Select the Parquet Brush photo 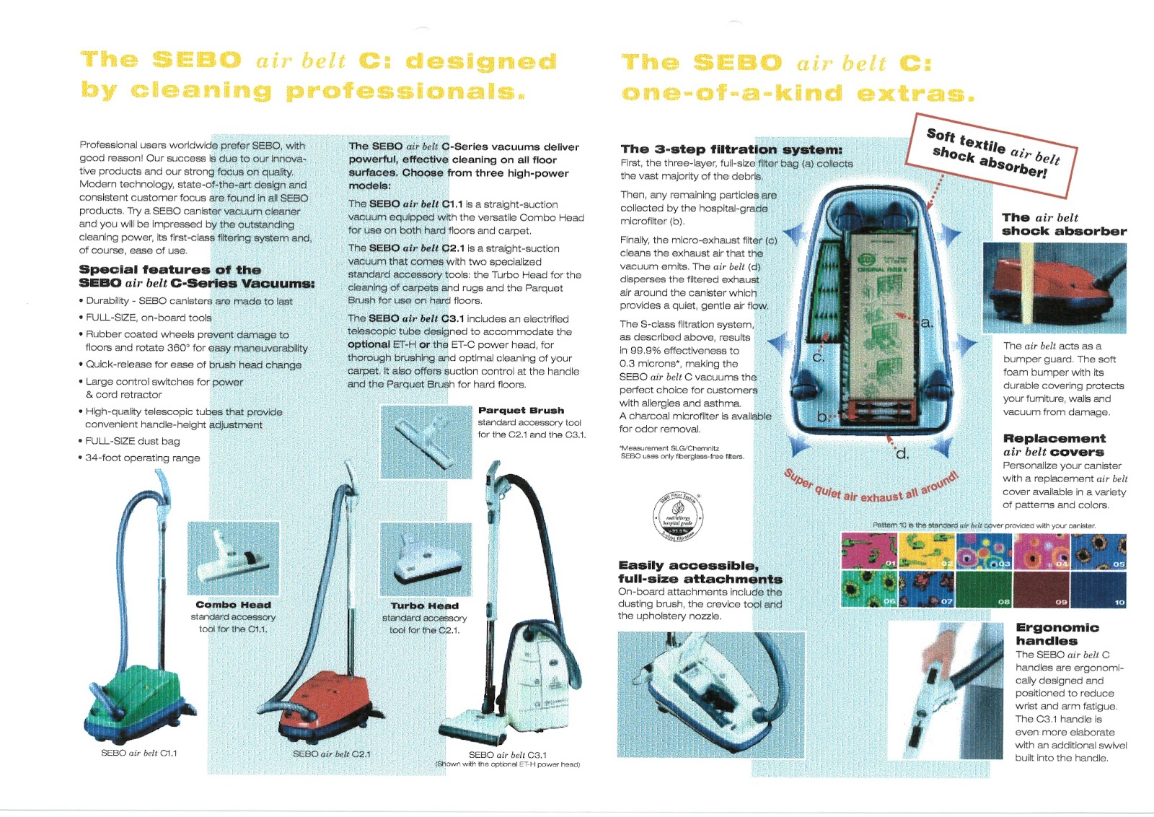(x=426, y=441)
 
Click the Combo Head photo (x=233, y=557)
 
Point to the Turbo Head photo (x=426, y=559)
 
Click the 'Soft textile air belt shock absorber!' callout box (x=992, y=154)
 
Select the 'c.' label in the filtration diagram (x=819, y=357)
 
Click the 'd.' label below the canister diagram (x=902, y=454)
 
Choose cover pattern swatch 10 (x=1098, y=589)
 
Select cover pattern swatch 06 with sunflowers (x=869, y=589)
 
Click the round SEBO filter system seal (x=678, y=516)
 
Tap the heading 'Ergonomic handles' (x=1057, y=634)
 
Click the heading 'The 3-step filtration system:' (x=731, y=149)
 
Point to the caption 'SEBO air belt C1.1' (x=138, y=753)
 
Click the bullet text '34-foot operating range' (x=143, y=458)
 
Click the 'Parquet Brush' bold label (x=521, y=410)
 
